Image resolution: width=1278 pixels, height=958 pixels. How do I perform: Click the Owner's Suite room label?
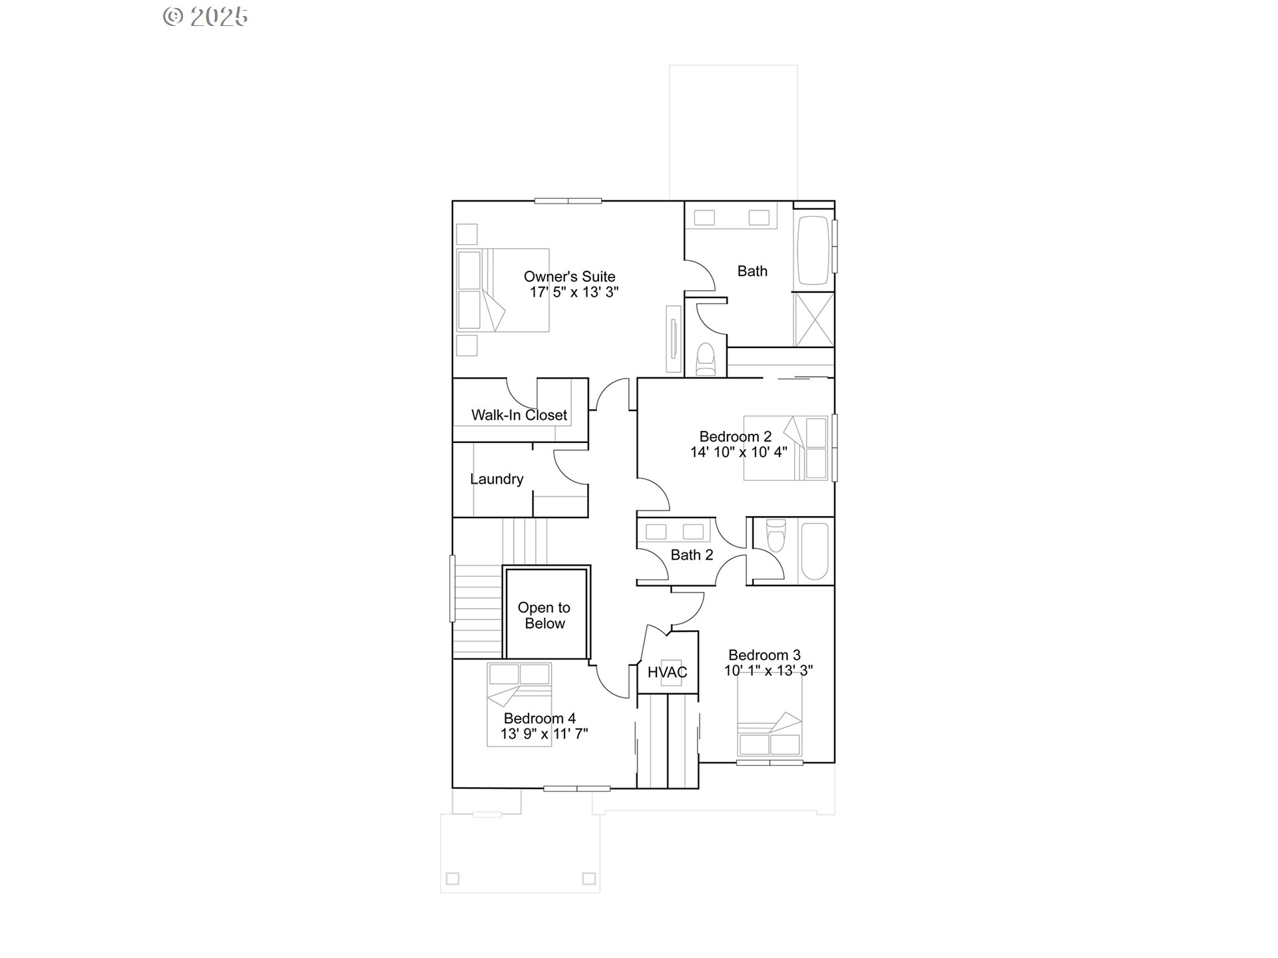tap(569, 276)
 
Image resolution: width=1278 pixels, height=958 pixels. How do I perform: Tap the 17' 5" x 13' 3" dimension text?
tap(574, 292)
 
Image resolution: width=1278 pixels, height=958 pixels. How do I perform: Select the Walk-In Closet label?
tap(519, 415)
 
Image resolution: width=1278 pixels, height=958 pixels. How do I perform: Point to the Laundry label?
tap(497, 479)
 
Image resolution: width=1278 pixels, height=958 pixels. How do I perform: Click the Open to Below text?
tap(544, 615)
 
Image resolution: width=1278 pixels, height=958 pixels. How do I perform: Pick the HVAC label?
tap(668, 672)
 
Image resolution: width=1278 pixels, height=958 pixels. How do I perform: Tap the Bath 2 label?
tap(692, 555)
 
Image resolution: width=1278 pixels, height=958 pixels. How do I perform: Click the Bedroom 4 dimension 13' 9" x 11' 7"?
tap(544, 734)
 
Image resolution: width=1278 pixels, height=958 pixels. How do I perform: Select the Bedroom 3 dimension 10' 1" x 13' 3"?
tap(769, 671)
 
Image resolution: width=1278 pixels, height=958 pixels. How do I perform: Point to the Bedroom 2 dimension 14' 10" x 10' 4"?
tap(739, 452)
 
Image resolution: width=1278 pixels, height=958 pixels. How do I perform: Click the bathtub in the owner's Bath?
tap(813, 250)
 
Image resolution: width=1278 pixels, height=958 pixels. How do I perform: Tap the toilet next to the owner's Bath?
tap(705, 359)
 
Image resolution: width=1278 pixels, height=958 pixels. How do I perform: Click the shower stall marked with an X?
tap(814, 319)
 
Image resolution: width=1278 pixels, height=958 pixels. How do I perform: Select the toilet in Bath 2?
tap(776, 536)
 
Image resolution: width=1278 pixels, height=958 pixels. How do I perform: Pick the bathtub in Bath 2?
tap(815, 552)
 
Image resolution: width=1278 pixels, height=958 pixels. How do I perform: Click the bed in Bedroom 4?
tap(519, 704)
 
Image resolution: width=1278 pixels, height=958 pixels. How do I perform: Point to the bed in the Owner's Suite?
tap(503, 290)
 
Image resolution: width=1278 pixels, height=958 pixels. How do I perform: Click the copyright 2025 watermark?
tap(206, 17)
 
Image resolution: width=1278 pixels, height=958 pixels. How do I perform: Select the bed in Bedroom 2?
tap(786, 448)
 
